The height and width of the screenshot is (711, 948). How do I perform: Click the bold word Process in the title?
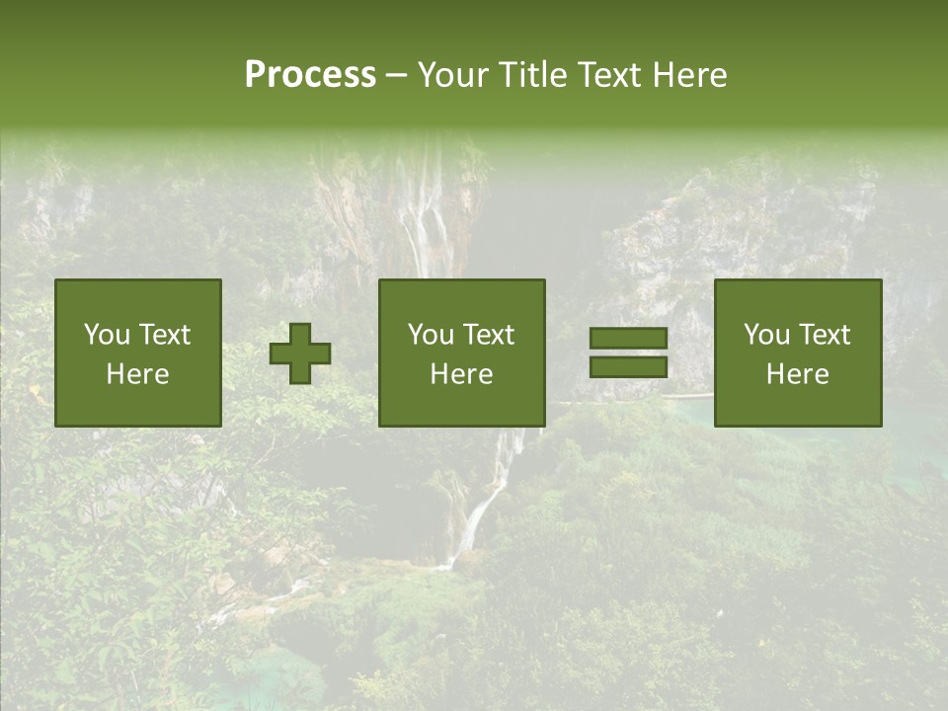click(310, 75)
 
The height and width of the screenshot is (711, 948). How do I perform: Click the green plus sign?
click(300, 354)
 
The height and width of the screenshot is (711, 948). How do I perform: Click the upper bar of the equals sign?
click(628, 339)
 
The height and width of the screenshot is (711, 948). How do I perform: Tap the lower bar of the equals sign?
click(628, 366)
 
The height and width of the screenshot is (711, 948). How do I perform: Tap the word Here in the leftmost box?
click(138, 374)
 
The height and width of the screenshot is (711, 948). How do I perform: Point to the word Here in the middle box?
click(462, 374)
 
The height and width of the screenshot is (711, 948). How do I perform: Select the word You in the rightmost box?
click(767, 335)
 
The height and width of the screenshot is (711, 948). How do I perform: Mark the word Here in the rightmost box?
click(798, 374)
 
